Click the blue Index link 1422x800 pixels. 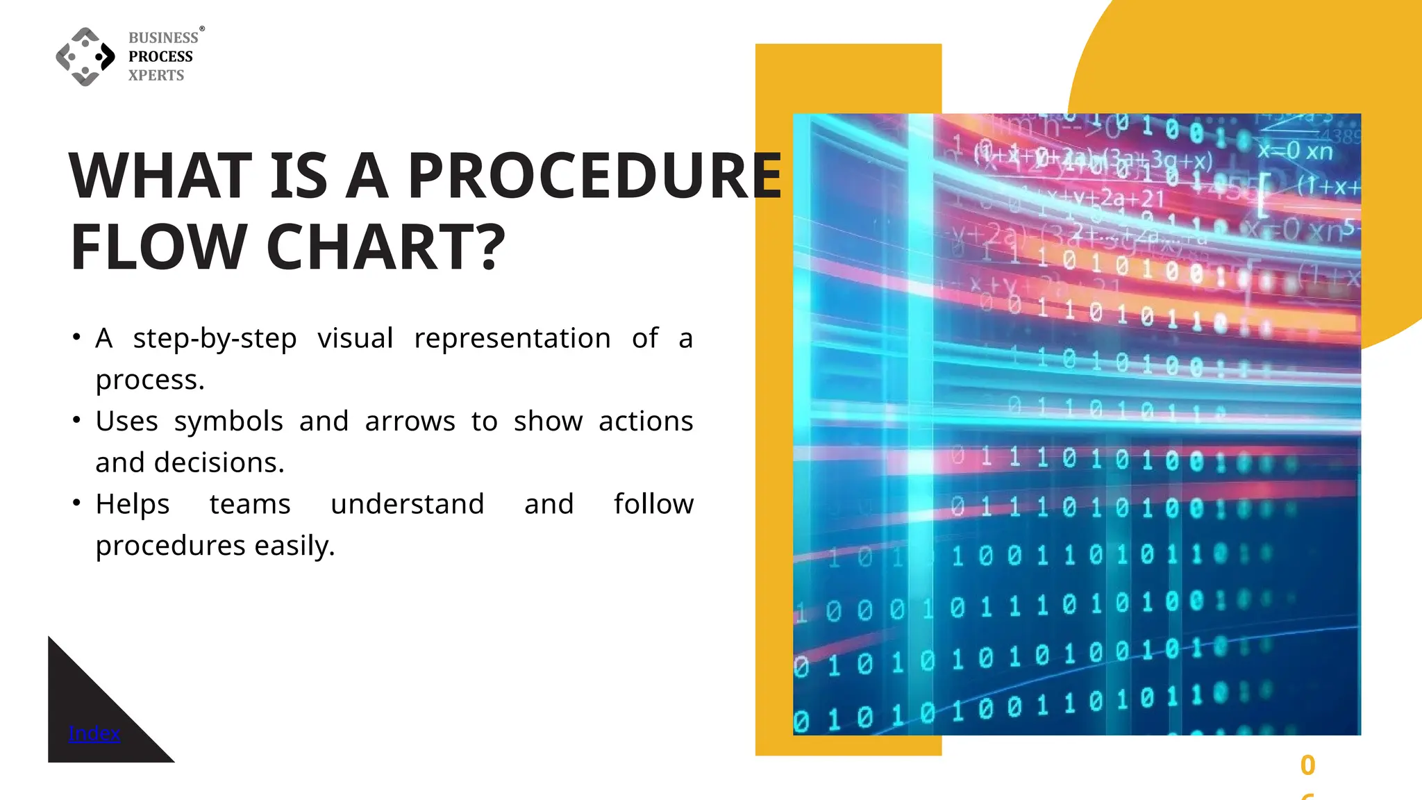(x=94, y=733)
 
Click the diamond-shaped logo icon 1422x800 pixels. (x=85, y=57)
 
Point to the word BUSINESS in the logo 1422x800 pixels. (x=163, y=37)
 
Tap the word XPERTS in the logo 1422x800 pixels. (x=156, y=75)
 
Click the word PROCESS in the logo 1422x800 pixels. (x=160, y=56)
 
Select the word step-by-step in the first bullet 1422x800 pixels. (x=215, y=339)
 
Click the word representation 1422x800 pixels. (x=512, y=338)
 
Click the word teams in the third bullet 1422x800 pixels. (x=250, y=504)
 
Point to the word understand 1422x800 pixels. (x=407, y=504)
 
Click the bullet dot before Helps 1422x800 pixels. (x=76, y=502)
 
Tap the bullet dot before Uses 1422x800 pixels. (x=76, y=419)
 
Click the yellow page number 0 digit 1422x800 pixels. (x=1307, y=765)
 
